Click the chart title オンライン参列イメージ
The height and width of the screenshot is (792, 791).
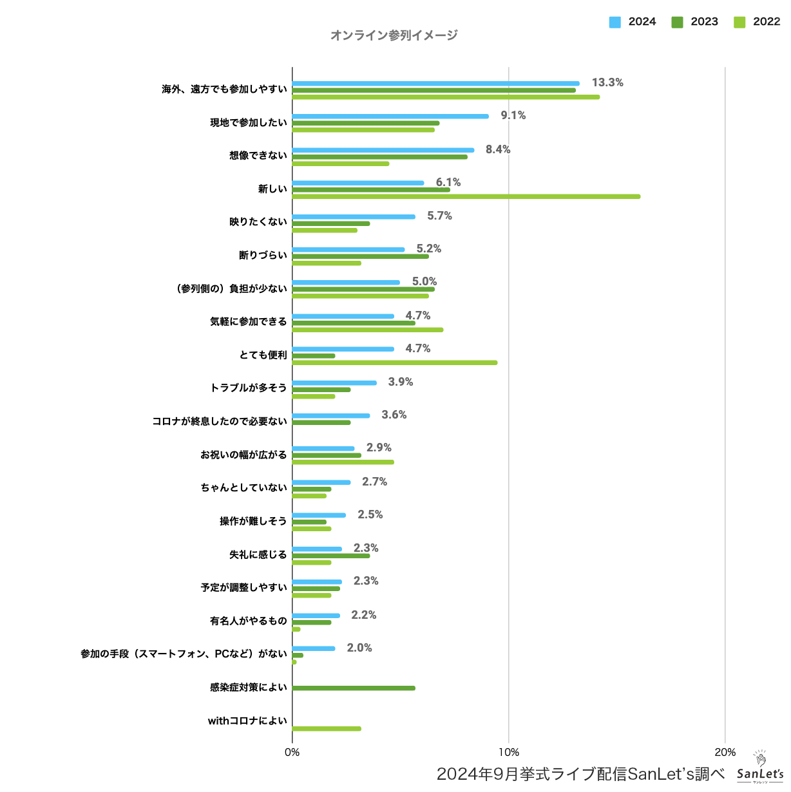[x=394, y=35]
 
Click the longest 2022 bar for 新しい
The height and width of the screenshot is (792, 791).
[x=466, y=196]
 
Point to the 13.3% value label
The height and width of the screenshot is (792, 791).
[x=607, y=82]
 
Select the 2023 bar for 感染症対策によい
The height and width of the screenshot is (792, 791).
[x=354, y=688]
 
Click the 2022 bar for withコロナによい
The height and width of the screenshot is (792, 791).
[x=327, y=729]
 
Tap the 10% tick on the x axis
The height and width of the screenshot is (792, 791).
[x=509, y=752]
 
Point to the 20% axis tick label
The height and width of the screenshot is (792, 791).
[x=725, y=752]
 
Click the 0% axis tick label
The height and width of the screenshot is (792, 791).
[x=292, y=752]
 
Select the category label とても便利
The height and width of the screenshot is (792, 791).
[x=263, y=355]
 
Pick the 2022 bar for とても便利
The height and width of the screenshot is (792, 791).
[x=394, y=363]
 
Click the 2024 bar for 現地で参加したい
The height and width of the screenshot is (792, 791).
[x=390, y=117]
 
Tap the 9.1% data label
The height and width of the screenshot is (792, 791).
[x=513, y=115]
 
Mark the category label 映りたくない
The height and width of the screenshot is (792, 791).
[x=258, y=222]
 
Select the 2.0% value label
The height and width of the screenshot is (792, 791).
[x=359, y=648]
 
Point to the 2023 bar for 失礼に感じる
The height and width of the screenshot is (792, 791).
[x=331, y=555]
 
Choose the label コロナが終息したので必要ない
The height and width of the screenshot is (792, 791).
[x=220, y=421]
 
